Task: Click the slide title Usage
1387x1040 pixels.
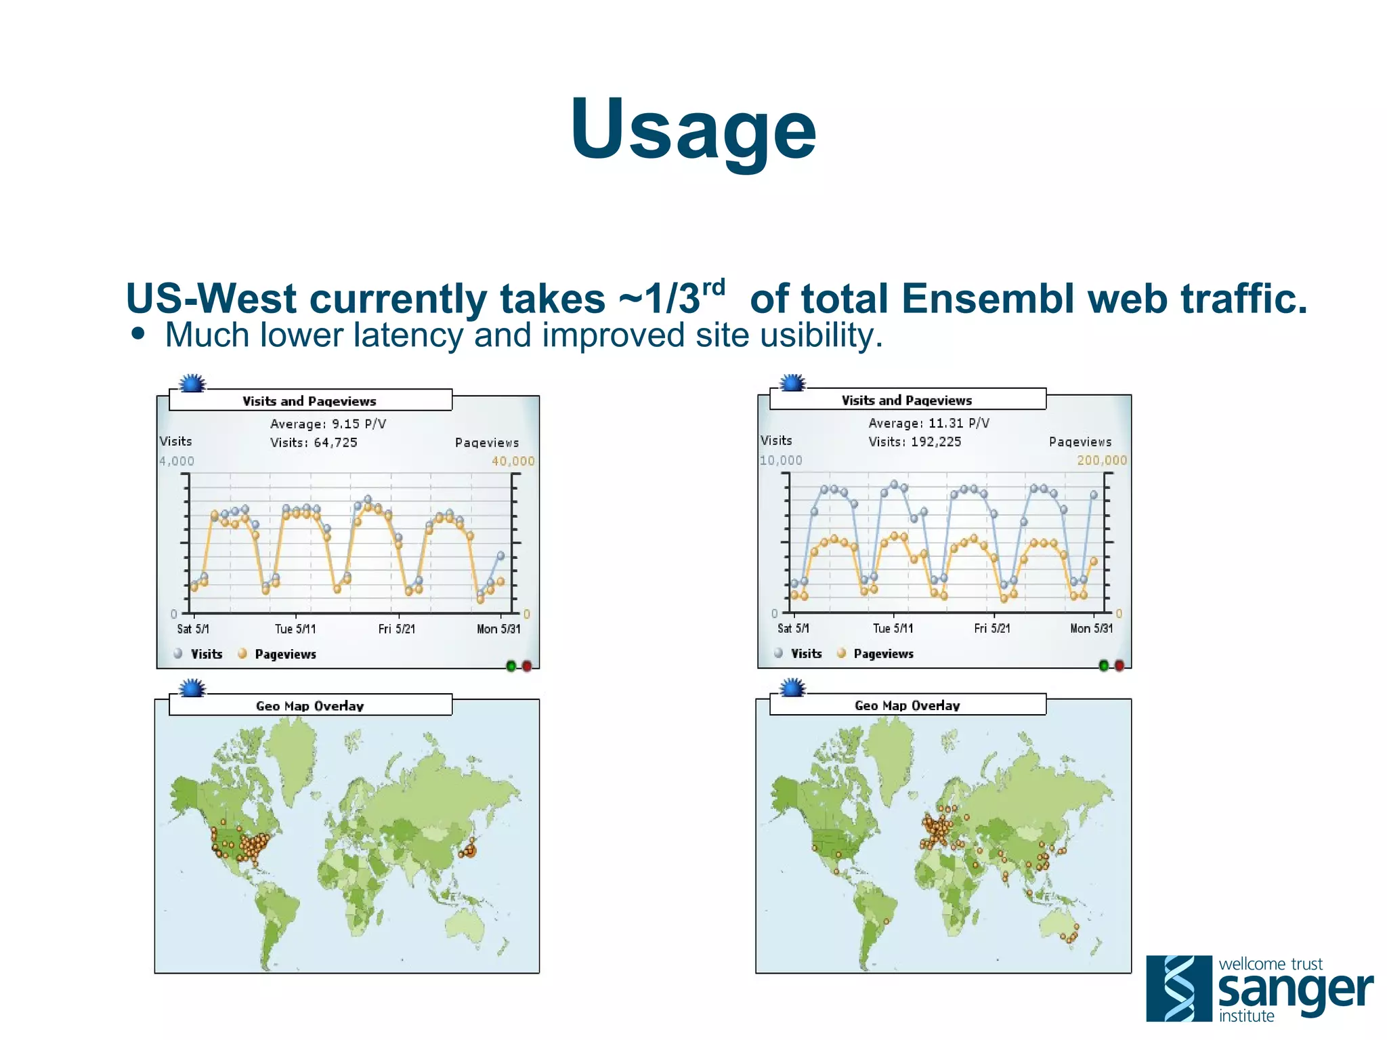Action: (x=693, y=129)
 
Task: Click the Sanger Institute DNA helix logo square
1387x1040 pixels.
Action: (x=1178, y=988)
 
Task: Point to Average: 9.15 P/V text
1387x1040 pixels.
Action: (x=328, y=424)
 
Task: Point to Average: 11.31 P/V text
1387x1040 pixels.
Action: (x=929, y=423)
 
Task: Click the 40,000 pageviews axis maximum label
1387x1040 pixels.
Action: (x=513, y=461)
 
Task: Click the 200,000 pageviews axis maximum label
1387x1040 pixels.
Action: (x=1102, y=461)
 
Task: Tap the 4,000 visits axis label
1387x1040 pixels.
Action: (x=177, y=461)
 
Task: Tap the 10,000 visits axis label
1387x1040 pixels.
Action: (x=781, y=461)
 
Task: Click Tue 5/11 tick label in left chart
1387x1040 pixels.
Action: (x=295, y=629)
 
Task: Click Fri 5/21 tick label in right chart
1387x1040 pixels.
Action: (x=992, y=629)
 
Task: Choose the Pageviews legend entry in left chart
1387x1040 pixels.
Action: (x=284, y=654)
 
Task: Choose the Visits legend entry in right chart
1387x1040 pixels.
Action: (x=805, y=654)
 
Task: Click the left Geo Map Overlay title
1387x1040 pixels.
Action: (x=310, y=706)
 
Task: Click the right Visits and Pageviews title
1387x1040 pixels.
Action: (x=906, y=400)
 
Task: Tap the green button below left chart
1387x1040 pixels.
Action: (x=511, y=666)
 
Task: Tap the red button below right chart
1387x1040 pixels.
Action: (x=1119, y=665)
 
